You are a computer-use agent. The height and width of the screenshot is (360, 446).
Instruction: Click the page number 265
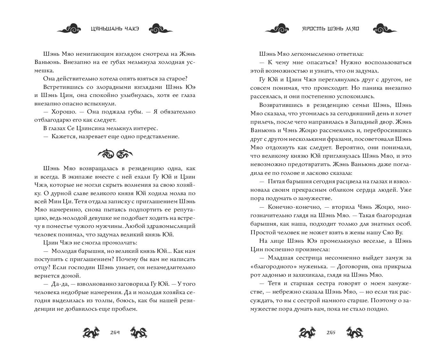[331, 332]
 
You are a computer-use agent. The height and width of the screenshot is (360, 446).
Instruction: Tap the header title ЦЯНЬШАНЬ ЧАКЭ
[115, 29]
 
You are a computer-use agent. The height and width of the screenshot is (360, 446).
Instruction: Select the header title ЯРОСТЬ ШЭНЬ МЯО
[331, 29]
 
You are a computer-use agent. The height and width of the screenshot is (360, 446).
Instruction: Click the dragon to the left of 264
[91, 332]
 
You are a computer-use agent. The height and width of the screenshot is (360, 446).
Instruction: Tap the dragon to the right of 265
[355, 332]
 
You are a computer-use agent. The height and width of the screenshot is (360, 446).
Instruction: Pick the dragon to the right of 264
[139, 332]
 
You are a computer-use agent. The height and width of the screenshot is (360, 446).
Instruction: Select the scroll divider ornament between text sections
[115, 154]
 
